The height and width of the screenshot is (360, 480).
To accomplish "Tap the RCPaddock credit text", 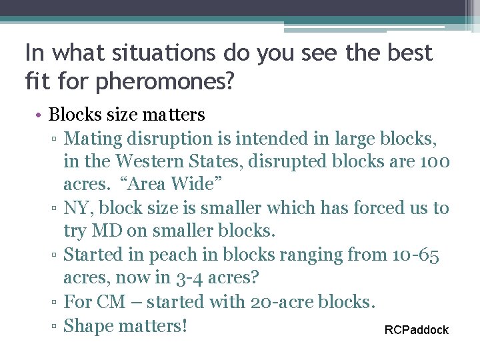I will point(417,330).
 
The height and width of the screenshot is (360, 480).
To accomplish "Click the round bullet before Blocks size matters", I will point(40,115).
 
